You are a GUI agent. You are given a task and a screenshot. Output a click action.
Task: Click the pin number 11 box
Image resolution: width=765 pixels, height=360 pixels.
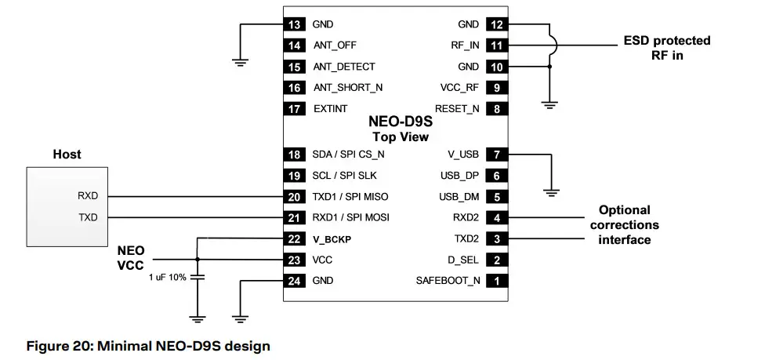point(496,45)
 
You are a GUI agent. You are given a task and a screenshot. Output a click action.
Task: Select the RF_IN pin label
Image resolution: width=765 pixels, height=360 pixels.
point(465,45)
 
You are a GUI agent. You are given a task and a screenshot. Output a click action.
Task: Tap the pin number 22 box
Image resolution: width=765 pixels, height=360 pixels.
point(295,238)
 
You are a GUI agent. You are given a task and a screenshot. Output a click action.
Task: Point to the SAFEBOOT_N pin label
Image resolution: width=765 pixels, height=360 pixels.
point(449,281)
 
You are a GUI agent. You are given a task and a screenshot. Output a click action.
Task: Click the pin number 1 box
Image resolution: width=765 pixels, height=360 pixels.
point(496,281)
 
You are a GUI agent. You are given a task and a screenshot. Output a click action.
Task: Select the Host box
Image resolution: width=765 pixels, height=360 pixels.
point(66,205)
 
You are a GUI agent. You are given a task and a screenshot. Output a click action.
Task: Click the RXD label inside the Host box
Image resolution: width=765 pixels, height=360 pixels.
point(88,196)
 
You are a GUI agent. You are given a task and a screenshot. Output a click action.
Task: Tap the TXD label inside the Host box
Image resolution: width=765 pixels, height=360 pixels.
point(88,217)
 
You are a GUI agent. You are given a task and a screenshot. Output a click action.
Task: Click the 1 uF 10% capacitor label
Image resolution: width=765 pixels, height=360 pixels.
point(167,278)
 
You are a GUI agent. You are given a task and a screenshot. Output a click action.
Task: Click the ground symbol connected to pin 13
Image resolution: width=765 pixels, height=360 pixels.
point(241,59)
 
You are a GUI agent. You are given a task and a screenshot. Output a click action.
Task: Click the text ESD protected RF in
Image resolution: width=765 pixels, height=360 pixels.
point(666,48)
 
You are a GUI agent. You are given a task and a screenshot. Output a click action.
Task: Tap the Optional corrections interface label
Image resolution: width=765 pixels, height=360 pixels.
point(624,224)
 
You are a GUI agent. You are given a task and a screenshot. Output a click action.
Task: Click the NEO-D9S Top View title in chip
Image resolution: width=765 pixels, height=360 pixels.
point(400,129)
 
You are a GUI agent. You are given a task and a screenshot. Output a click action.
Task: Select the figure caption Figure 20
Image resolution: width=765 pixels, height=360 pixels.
point(148,345)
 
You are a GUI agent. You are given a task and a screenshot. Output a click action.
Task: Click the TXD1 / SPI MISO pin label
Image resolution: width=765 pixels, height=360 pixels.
point(350,196)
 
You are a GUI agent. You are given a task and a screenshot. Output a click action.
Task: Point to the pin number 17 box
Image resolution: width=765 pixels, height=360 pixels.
point(295,109)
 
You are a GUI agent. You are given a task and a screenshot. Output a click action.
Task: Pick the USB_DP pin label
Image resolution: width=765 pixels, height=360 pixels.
point(459,175)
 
